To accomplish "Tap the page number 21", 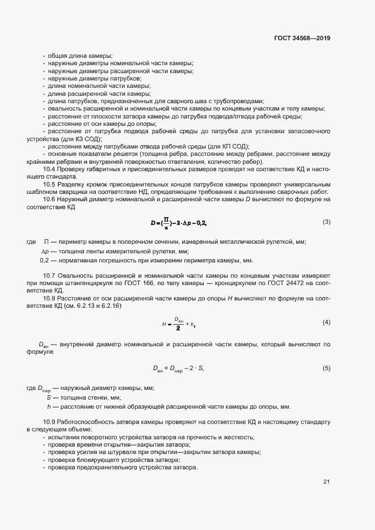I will click(326, 482).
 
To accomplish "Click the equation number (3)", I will click(326, 222).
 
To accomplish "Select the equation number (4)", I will click(326, 323).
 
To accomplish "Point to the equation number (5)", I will click(326, 368).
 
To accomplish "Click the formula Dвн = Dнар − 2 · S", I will click(178, 368).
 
